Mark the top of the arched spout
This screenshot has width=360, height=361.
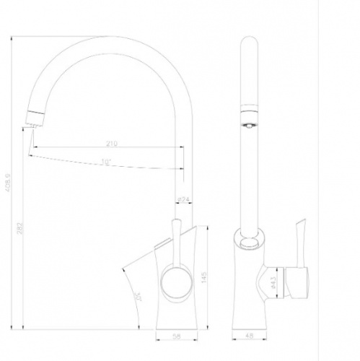(108, 38)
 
